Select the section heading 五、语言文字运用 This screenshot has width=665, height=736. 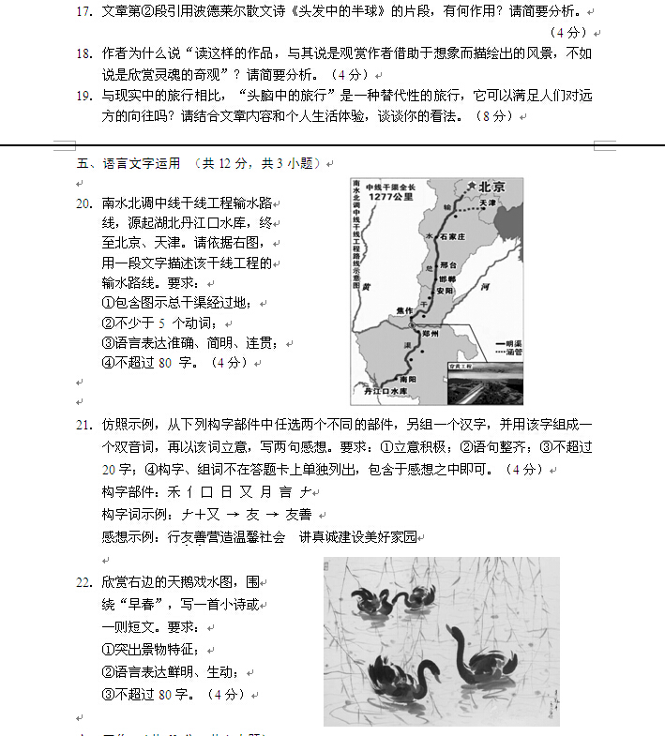[128, 163]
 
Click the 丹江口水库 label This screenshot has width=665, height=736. [387, 391]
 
